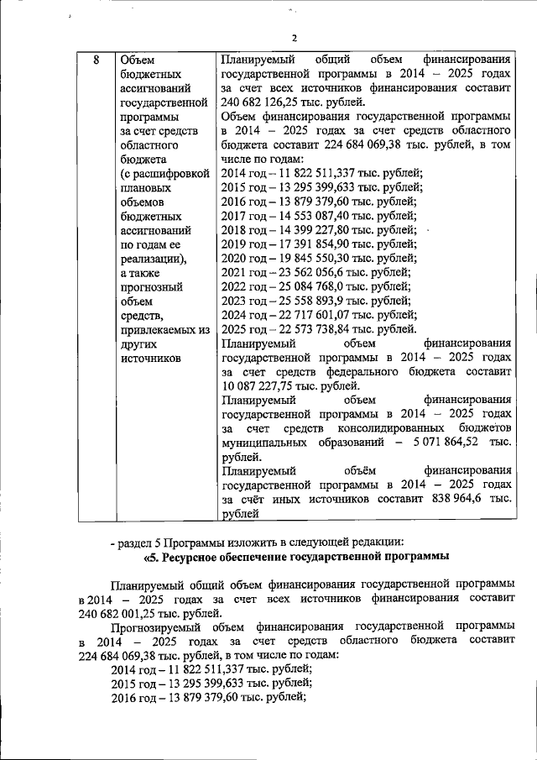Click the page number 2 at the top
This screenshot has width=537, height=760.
(x=295, y=38)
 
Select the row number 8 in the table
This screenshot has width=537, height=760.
(x=96, y=60)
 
